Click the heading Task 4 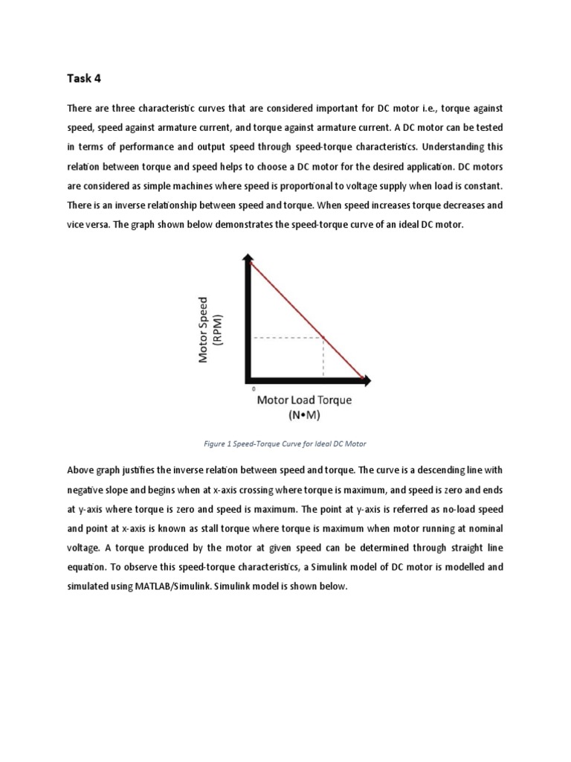click(84, 79)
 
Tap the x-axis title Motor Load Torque click(304, 400)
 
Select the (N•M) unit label click(304, 414)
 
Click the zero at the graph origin click(254, 388)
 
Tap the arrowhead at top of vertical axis click(246, 257)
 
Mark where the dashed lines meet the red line click(323, 338)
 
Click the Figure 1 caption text click(285, 444)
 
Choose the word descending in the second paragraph click(421, 470)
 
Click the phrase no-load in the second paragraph click(453, 508)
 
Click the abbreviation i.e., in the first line click(422, 109)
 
